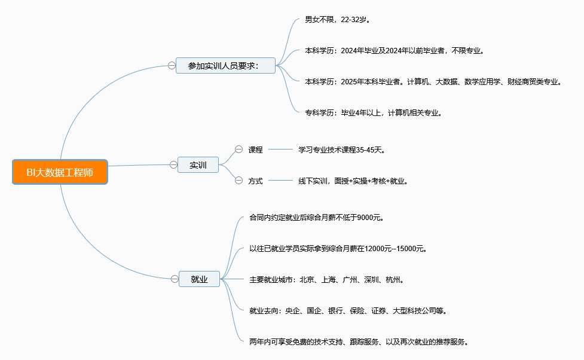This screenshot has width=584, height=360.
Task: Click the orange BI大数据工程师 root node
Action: click(60, 172)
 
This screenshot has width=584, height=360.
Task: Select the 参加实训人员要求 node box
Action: click(225, 65)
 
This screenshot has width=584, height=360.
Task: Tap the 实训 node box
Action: click(198, 165)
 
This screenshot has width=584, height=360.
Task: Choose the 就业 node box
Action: click(199, 279)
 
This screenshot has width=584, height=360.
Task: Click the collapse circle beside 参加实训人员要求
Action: click(172, 65)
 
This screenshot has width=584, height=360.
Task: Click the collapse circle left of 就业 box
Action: click(175, 279)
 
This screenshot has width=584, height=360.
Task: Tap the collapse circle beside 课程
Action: click(239, 150)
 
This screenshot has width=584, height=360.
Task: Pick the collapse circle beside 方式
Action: click(239, 180)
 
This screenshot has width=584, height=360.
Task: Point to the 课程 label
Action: click(255, 150)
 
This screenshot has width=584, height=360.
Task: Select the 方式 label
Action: click(255, 181)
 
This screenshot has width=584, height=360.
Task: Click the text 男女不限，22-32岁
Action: click(338, 20)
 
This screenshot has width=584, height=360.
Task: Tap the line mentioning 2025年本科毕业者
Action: click(433, 81)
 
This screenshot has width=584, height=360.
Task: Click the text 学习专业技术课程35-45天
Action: click(342, 150)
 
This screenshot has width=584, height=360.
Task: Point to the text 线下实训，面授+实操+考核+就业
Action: click(354, 181)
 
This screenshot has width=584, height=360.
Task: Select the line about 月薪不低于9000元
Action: click(316, 217)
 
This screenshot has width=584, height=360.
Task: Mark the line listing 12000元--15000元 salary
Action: click(338, 248)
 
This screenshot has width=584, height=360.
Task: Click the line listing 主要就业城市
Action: click(327, 279)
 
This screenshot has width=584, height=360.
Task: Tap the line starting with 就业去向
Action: click(348, 311)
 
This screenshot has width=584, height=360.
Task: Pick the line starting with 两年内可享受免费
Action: click(359, 342)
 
